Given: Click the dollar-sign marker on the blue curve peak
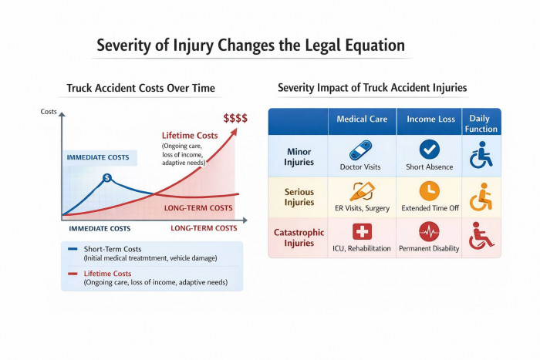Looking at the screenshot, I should [x=107, y=178].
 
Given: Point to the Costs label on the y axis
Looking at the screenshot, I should [x=49, y=113].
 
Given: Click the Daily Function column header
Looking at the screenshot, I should [x=481, y=123].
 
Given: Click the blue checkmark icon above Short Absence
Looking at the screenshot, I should [x=429, y=150].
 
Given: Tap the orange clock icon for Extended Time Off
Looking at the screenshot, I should [x=429, y=190].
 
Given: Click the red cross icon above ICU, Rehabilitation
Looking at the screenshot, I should [x=361, y=231].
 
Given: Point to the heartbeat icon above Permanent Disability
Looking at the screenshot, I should [x=429, y=231].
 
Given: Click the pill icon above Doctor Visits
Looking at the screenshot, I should [x=361, y=150].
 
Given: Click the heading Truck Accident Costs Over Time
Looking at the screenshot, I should [x=140, y=88].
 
